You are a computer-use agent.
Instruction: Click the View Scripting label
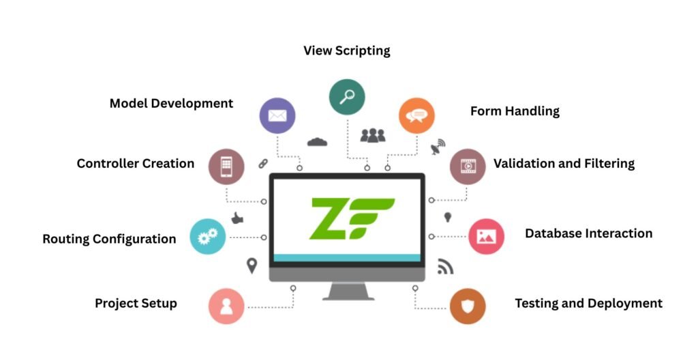tap(346, 51)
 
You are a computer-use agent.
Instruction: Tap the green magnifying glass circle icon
tap(347, 96)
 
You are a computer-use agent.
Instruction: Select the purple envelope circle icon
tap(277, 115)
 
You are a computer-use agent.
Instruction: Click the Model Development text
tap(171, 104)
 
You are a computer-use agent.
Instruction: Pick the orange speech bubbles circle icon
tap(416, 115)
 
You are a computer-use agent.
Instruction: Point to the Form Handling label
tap(515, 111)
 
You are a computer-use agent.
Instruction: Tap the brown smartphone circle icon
tap(226, 166)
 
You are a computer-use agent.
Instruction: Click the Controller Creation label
tap(135, 164)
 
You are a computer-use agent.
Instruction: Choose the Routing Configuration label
tap(109, 239)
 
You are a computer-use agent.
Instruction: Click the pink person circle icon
tap(226, 306)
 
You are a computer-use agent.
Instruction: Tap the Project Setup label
tap(136, 303)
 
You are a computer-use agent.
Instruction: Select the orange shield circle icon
tap(468, 306)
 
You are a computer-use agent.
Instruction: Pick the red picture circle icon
tap(486, 236)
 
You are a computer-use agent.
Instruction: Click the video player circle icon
tap(468, 166)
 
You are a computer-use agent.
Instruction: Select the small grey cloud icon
tap(318, 142)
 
